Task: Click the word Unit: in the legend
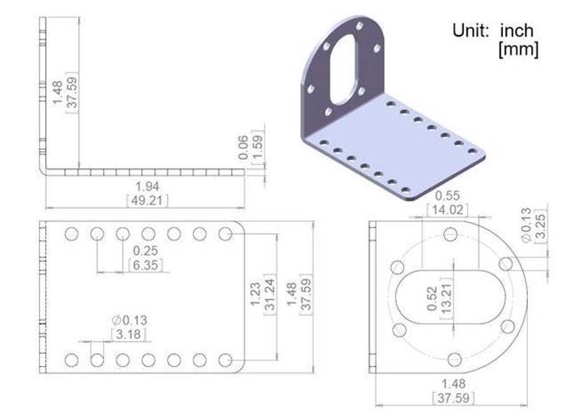click(x=473, y=31)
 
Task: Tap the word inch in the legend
click(x=517, y=31)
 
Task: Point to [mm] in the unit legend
click(x=518, y=49)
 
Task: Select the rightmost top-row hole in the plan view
click(x=225, y=234)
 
